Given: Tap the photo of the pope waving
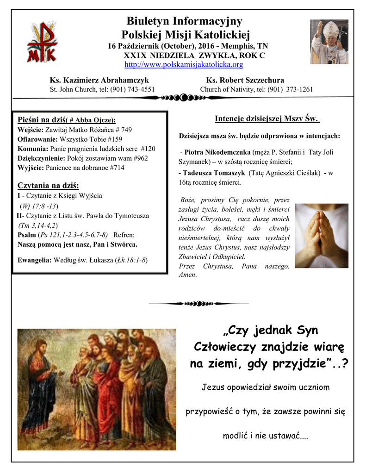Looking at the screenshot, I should tap(329, 42).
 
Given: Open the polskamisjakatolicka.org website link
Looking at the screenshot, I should tap(184, 64).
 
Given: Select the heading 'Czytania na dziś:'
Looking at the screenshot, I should tap(48, 186).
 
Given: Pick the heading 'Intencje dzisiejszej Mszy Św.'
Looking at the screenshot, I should tap(267, 119).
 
